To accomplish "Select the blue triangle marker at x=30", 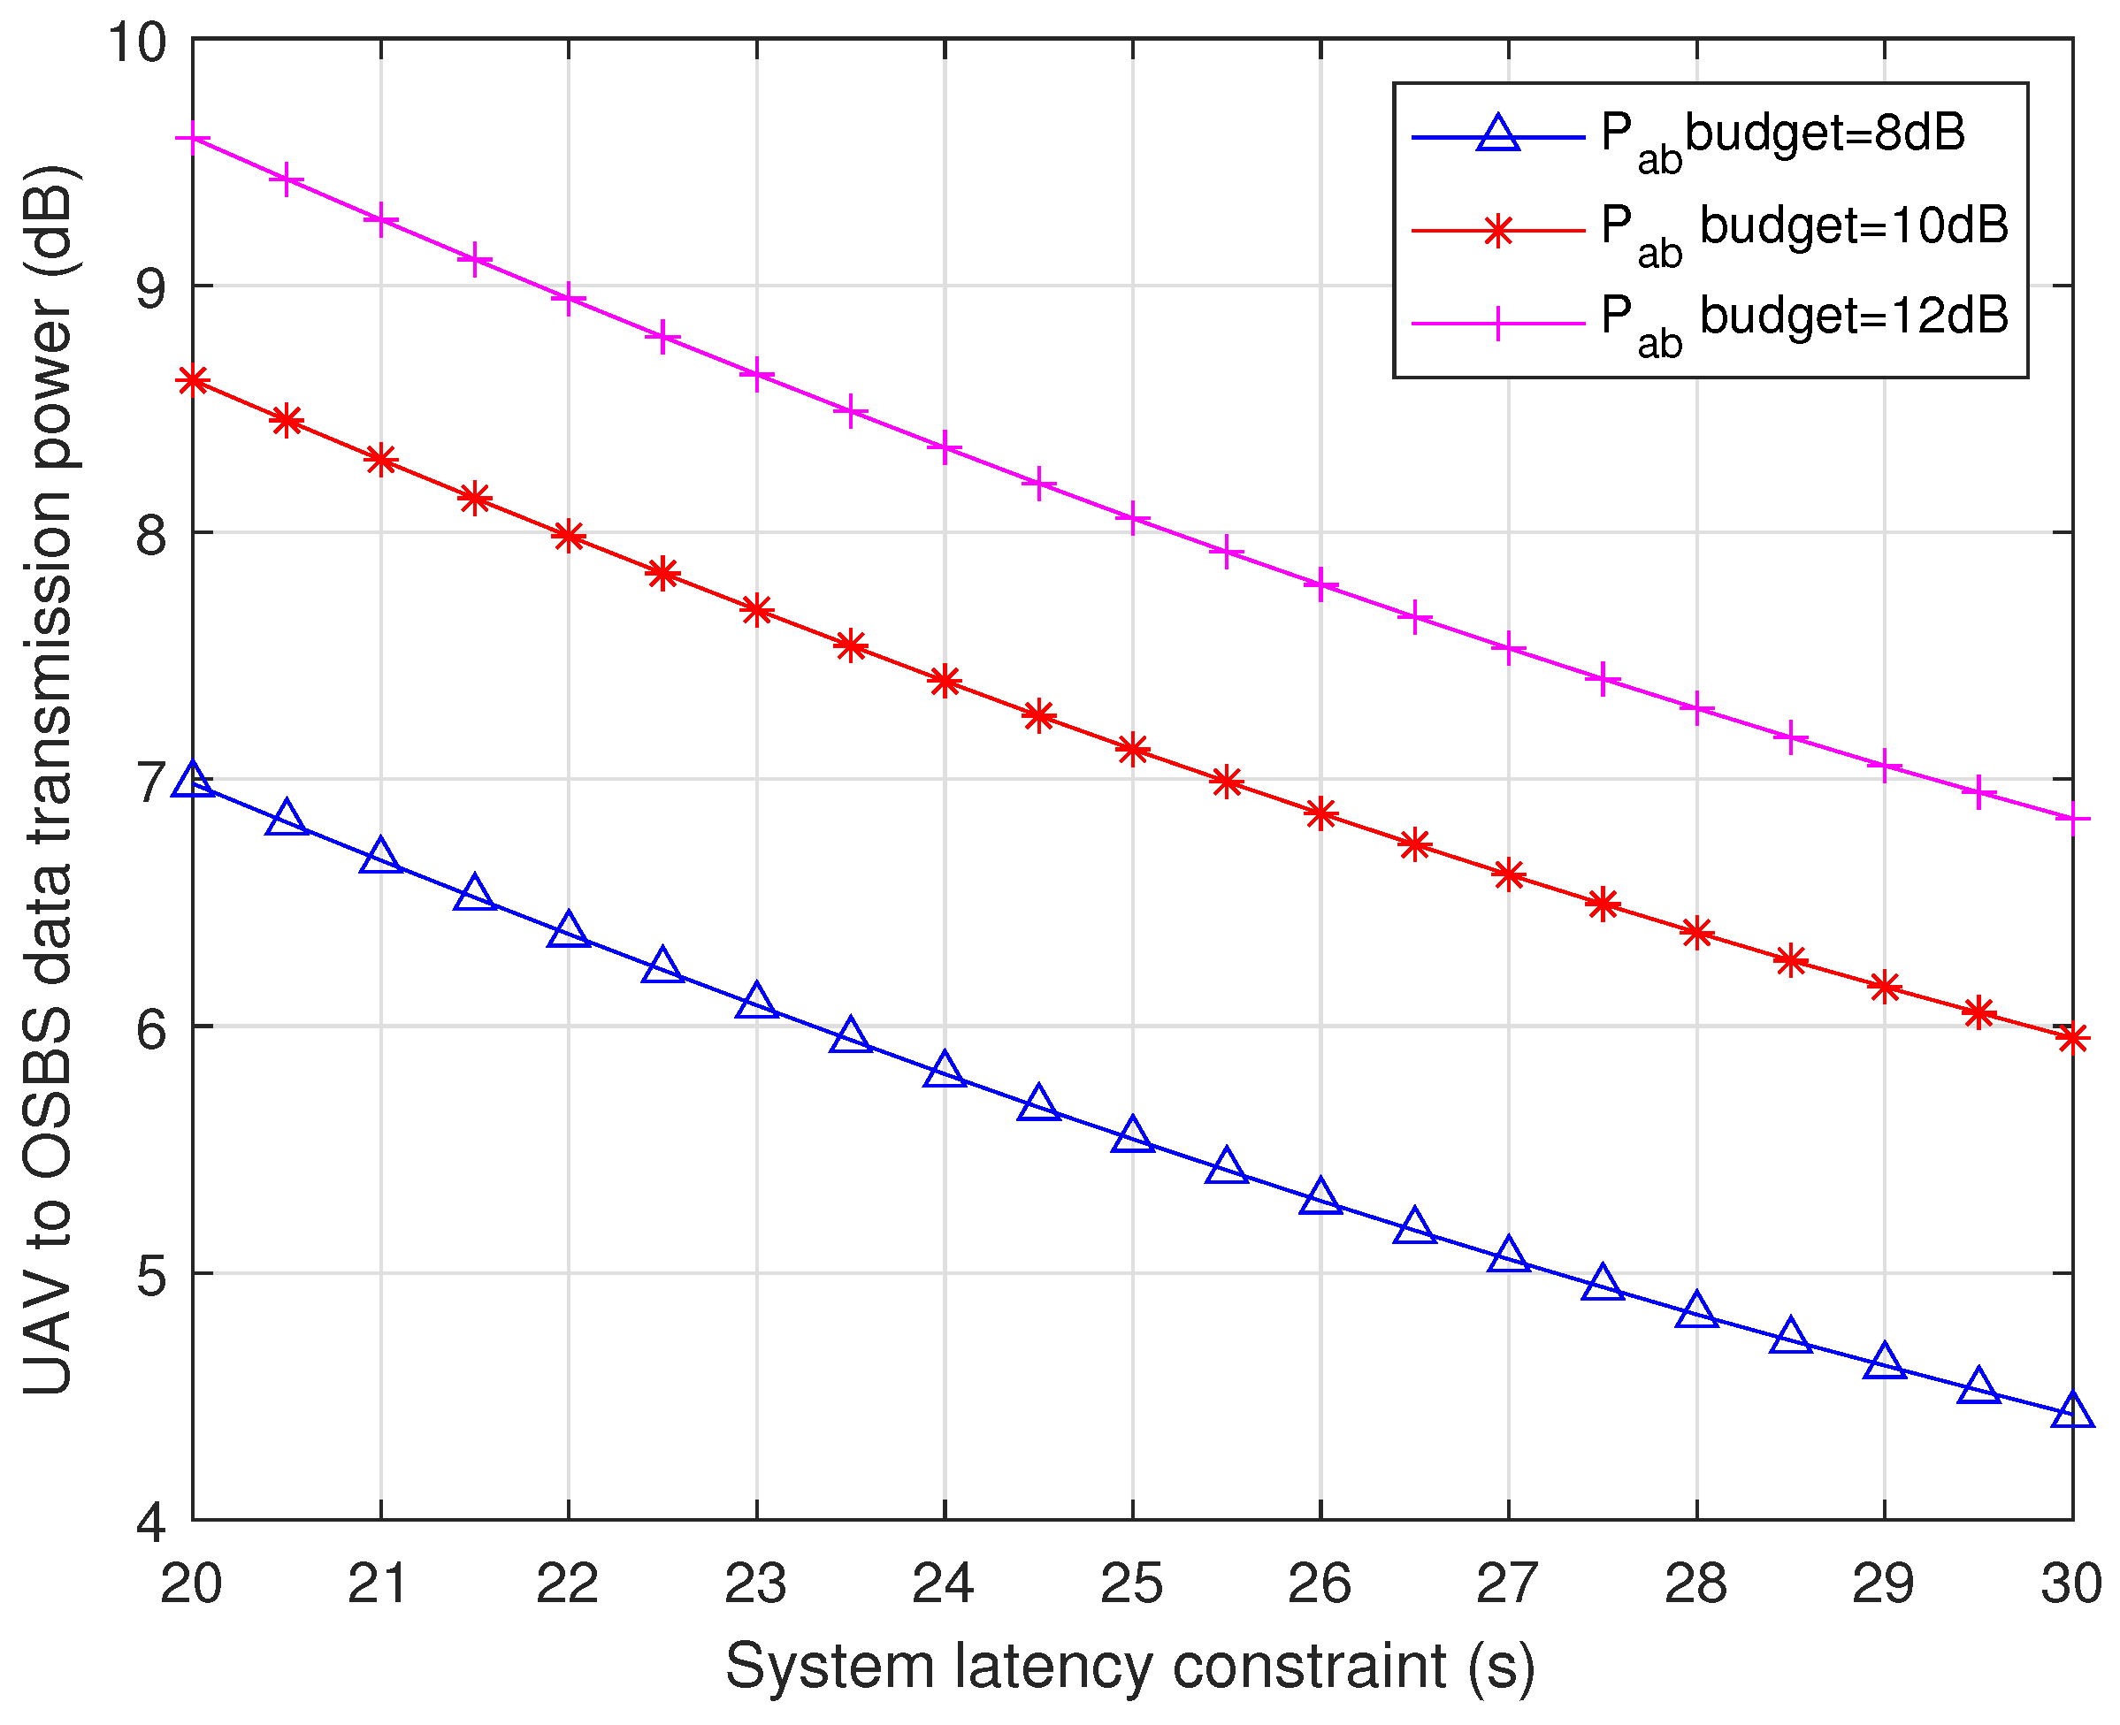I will (2072, 1412).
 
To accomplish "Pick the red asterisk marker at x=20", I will (192, 380).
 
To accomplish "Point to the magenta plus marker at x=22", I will (568, 298).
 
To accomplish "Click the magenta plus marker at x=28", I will (1696, 708).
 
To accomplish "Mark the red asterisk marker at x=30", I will (2072, 1038).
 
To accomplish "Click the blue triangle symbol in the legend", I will (1498, 134).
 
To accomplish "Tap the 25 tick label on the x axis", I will (1131, 1583).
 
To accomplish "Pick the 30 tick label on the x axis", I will (2071, 1583).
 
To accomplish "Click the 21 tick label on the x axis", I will (379, 1583).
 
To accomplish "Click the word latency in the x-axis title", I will (1054, 1667).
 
